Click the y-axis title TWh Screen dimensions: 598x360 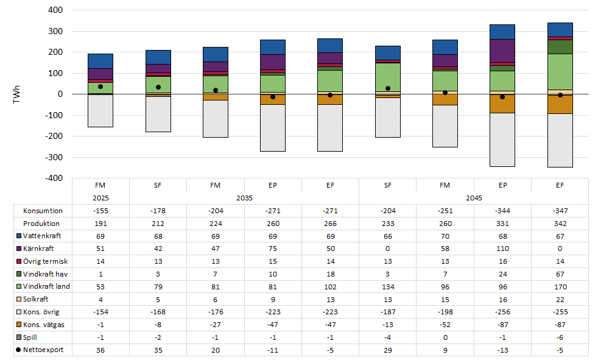pyautogui.click(x=16, y=94)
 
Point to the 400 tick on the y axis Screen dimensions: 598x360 pyautogui.click(x=55, y=10)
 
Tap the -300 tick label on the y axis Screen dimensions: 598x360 pyautogui.click(x=54, y=157)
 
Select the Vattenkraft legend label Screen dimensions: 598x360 pyautogui.click(x=42, y=236)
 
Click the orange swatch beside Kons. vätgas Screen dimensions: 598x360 pyautogui.click(x=18, y=325)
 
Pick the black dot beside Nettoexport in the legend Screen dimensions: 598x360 pyautogui.click(x=18, y=350)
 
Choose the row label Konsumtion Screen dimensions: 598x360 pyautogui.click(x=43, y=211)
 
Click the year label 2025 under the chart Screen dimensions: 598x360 pyautogui.click(x=100, y=198)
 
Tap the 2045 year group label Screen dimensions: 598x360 pyautogui.click(x=474, y=198)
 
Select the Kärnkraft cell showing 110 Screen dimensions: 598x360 pyautogui.click(x=502, y=249)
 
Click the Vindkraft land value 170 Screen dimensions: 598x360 pyautogui.click(x=560, y=287)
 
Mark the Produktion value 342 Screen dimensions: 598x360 pyautogui.click(x=560, y=224)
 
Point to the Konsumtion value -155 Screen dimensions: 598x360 pyautogui.click(x=100, y=211)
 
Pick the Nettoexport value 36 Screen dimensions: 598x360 pyautogui.click(x=100, y=350)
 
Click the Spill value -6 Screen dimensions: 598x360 pyautogui.click(x=560, y=337)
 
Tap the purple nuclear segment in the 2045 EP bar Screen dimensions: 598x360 pyautogui.click(x=502, y=51)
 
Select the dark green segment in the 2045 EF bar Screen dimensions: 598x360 pyautogui.click(x=560, y=47)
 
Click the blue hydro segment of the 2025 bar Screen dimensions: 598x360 pyautogui.click(x=100, y=62)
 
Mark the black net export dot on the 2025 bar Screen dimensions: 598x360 pyautogui.click(x=100, y=86)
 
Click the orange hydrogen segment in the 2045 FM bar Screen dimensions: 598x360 pyautogui.click(x=445, y=99)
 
